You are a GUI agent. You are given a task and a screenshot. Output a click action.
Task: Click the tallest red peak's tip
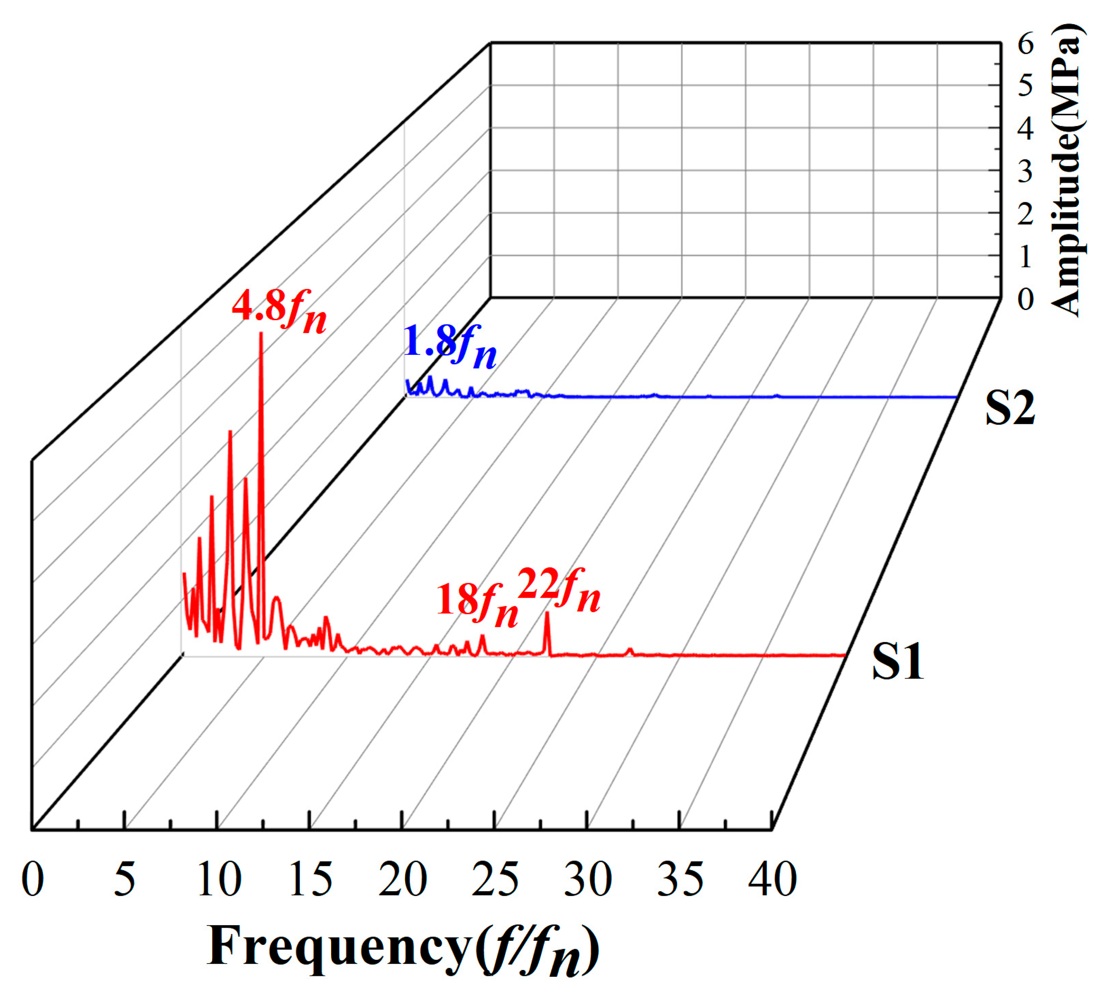click(x=261, y=334)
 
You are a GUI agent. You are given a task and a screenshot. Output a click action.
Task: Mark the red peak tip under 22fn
click(x=547, y=613)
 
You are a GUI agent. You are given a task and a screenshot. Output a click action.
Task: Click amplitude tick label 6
click(x=1025, y=43)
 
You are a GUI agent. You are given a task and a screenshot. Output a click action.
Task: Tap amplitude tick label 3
click(x=1025, y=172)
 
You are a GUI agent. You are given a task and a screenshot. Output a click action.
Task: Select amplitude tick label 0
click(x=1025, y=299)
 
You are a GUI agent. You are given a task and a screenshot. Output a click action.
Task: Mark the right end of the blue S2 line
click(x=955, y=397)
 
